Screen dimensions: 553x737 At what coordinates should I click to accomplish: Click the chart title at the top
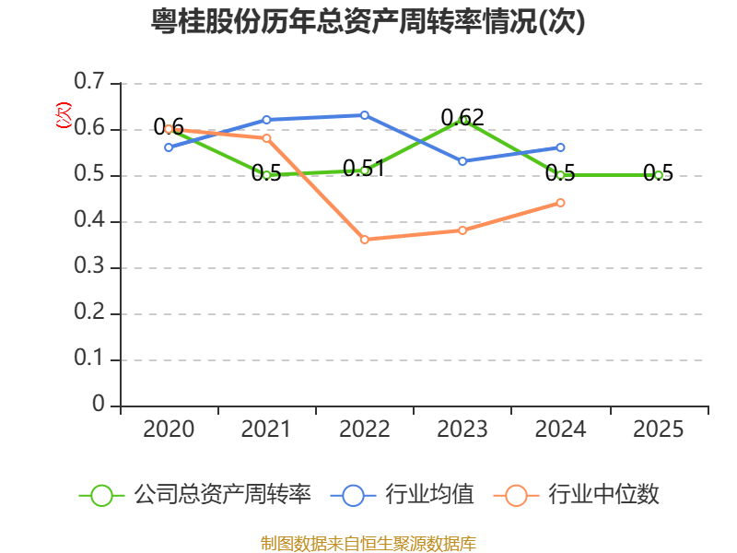tap(368, 22)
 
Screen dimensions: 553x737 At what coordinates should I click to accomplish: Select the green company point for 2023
tap(462, 120)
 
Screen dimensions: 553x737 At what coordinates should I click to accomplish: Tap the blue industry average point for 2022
tap(365, 115)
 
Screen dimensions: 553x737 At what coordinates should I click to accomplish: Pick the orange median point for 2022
tap(365, 240)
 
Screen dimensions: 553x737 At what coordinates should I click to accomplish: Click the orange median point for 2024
tap(560, 203)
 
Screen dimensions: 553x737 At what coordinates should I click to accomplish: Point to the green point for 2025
tap(658, 175)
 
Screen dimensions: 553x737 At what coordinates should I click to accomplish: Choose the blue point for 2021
tap(266, 120)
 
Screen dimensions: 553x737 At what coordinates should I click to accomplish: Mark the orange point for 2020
tap(169, 129)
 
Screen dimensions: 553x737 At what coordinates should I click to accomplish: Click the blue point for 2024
tap(560, 147)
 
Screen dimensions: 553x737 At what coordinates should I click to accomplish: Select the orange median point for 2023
tap(462, 230)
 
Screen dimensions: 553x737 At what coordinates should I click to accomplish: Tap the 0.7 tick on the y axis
tap(90, 83)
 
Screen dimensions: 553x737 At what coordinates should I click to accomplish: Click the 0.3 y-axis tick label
tap(90, 267)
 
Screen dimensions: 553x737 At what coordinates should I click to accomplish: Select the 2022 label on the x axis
tap(365, 429)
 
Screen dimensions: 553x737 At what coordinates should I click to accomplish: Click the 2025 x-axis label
tap(658, 429)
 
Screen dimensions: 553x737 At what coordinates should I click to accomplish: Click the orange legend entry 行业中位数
tap(581, 495)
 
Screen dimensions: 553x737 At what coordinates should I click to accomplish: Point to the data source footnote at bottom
tap(368, 543)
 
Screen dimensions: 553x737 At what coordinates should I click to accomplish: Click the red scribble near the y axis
tap(64, 114)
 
